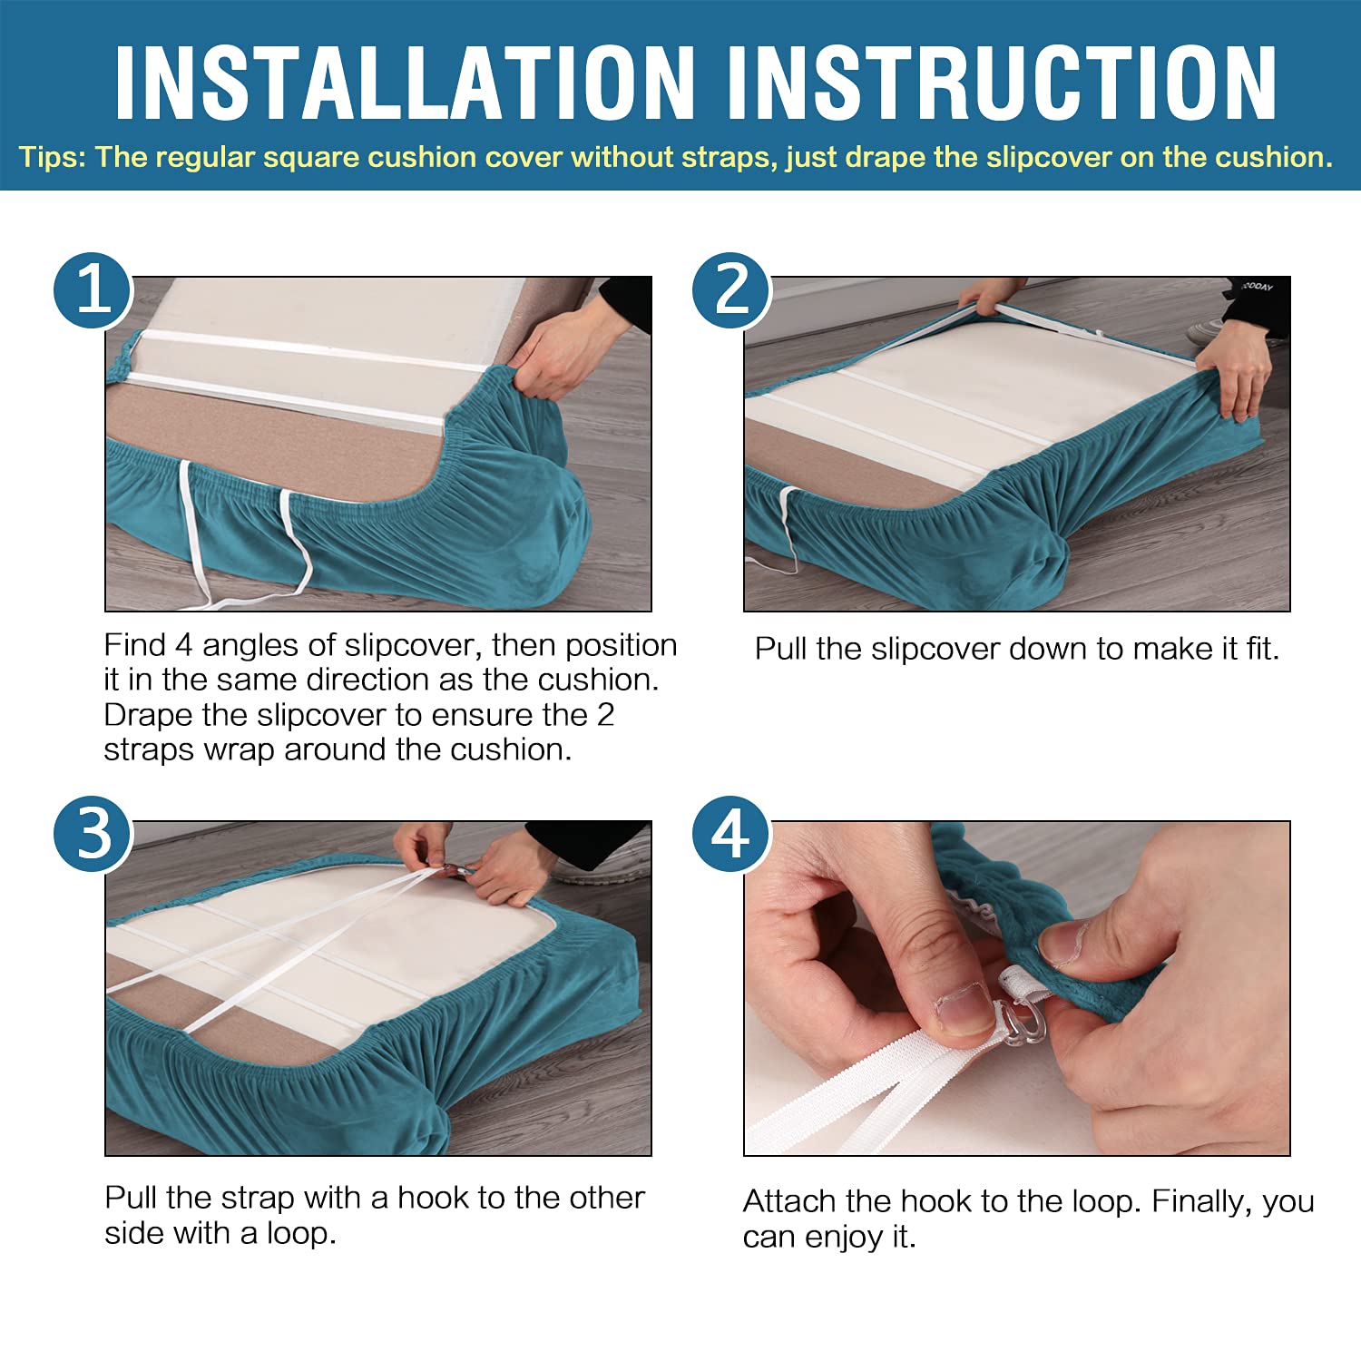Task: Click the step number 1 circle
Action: coord(93,290)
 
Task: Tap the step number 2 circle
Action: coord(732,290)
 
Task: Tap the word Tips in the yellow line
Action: coord(51,158)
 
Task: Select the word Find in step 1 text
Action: coord(135,645)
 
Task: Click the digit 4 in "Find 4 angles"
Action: coord(184,645)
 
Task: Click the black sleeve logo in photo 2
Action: coord(1258,287)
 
